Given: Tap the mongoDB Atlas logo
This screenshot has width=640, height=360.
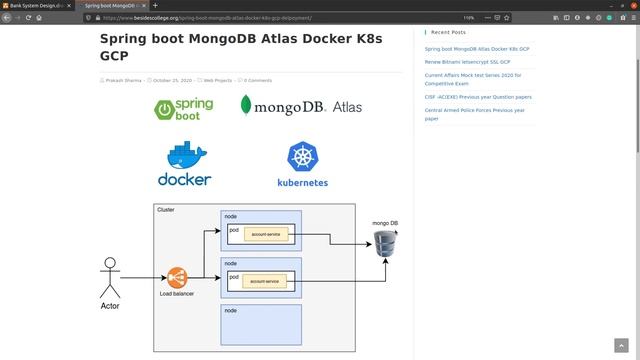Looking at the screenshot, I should coord(301,106).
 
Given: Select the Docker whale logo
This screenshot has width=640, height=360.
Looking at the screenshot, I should coord(185,164).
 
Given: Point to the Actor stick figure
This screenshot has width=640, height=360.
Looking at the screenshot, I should coord(110,279).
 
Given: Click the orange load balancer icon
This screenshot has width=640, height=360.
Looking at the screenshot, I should coord(177,276).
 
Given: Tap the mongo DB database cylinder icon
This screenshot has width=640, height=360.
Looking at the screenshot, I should coord(385,244).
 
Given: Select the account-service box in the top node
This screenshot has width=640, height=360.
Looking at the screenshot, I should coord(266,233).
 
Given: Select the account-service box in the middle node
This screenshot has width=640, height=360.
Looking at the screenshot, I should coord(266,282).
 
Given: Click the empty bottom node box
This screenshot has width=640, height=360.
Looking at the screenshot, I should coord(260,326).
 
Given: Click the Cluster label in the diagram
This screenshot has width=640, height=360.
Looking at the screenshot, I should coord(166,210).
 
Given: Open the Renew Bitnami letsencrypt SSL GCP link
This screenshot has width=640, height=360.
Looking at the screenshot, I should coord(467,62).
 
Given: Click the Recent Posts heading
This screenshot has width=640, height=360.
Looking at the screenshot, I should coord(448,32).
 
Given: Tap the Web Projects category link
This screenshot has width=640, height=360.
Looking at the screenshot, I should coord(217,80).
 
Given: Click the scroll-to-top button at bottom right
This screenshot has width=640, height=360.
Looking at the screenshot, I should coord(620,345).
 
